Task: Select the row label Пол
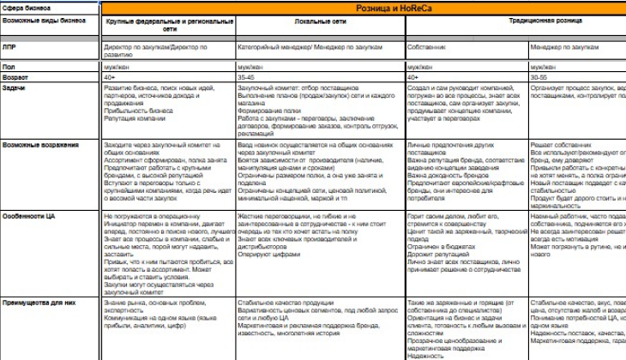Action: [x=9, y=65]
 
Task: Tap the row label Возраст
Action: [x=15, y=76]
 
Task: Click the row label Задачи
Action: [x=14, y=87]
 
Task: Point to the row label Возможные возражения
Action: [x=40, y=145]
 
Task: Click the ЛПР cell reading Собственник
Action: [x=426, y=45]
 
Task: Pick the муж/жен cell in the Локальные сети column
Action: [x=250, y=65]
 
